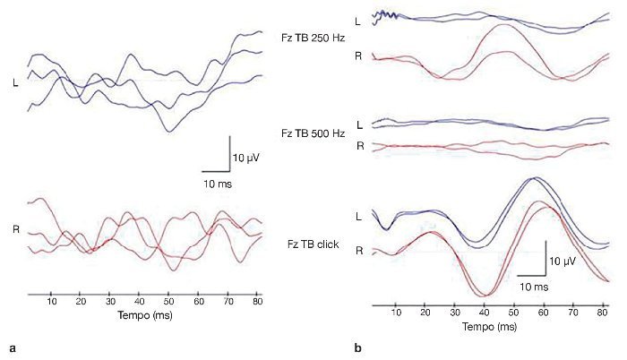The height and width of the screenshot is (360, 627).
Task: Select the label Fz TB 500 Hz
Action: [x=312, y=133]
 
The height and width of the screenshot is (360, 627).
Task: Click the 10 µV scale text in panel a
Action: [x=246, y=158]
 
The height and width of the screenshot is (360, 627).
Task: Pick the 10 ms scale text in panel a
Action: [x=215, y=184]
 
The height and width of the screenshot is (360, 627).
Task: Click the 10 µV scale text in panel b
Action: [x=563, y=261]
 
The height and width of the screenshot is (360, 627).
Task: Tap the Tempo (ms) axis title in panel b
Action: [x=489, y=328]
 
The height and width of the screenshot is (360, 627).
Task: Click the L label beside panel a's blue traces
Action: [x=15, y=84]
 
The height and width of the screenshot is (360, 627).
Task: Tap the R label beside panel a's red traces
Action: [x=15, y=229]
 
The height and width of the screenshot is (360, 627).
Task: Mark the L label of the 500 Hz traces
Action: [x=359, y=124]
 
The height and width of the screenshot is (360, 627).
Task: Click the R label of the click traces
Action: [x=359, y=251]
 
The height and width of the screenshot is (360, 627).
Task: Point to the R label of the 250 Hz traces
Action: [x=359, y=56]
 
